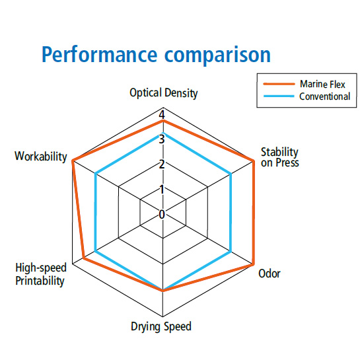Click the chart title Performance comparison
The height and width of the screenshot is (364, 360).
click(156, 55)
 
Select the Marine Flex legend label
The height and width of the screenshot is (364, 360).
click(322, 84)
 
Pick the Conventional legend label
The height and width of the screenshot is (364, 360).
click(324, 96)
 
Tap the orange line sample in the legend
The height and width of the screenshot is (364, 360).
click(279, 84)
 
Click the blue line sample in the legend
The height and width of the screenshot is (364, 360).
click(279, 96)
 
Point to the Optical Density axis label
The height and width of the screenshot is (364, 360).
click(164, 93)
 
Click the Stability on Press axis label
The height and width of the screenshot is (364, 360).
click(279, 157)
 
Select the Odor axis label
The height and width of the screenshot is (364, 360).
click(270, 273)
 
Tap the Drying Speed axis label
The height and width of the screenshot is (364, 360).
click(161, 326)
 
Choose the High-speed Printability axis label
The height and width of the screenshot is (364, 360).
click(40, 274)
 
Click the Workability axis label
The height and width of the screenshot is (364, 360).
click(41, 156)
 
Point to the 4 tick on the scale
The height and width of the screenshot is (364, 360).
click(162, 115)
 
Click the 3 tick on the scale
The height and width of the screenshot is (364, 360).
click(162, 139)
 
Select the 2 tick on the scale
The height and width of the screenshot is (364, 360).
click(162, 164)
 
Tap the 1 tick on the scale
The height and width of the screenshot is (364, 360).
click(162, 190)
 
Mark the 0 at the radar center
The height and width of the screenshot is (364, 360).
click(162, 214)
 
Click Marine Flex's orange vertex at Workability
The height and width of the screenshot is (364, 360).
click(73, 161)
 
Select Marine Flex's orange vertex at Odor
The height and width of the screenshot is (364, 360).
click(253, 264)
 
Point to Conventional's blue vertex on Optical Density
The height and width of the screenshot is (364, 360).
click(163, 133)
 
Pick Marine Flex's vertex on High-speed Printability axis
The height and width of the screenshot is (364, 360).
click(84, 258)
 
